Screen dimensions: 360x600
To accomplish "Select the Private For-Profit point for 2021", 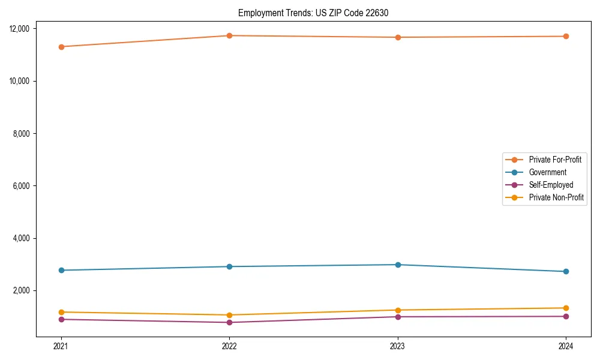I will click(x=61, y=47).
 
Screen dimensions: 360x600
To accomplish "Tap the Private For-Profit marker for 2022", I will click(x=229, y=35).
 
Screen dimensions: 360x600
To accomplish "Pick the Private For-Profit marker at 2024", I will click(x=566, y=37).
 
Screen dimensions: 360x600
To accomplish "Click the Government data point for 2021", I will click(x=61, y=270).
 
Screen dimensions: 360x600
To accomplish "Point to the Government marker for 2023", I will click(x=398, y=265).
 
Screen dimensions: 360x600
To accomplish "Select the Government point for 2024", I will click(x=566, y=271).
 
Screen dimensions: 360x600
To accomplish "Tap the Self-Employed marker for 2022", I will click(x=229, y=322).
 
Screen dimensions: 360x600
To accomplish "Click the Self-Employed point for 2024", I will click(x=566, y=316).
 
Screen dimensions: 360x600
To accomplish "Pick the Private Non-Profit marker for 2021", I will click(x=61, y=312).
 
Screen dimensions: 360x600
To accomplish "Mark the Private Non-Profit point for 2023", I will click(x=398, y=310).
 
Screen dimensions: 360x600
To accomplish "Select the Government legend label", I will click(x=547, y=172).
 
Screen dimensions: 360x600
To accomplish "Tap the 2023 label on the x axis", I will click(x=398, y=346).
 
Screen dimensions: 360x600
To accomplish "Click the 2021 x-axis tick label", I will click(x=61, y=346).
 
